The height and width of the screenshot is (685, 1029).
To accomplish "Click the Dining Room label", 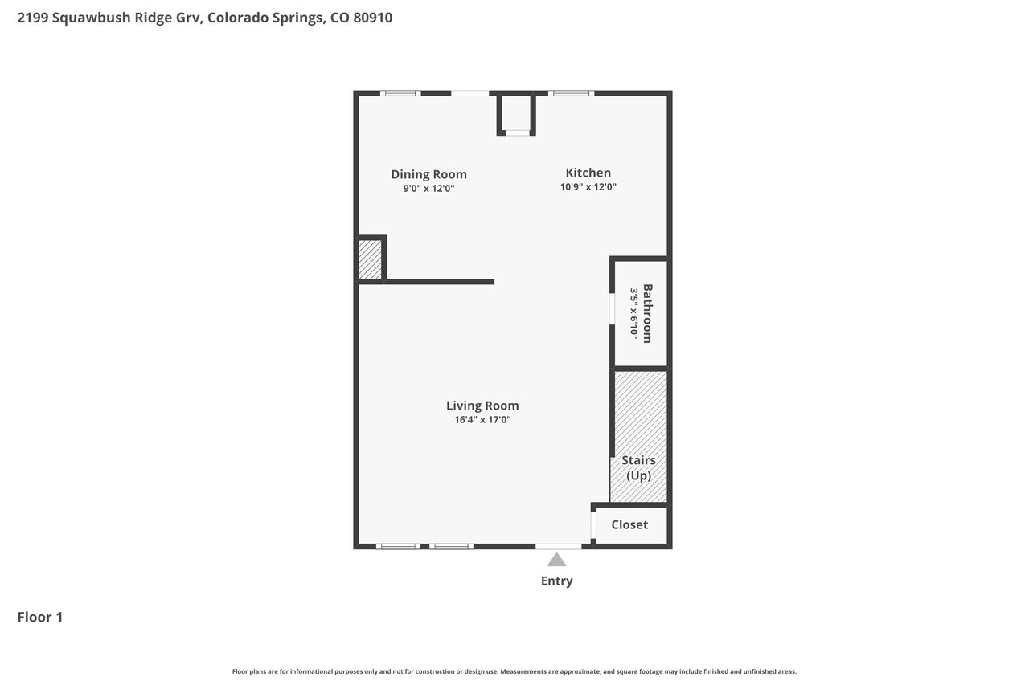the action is point(428,174).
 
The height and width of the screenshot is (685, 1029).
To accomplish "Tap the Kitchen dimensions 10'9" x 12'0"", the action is point(588,187).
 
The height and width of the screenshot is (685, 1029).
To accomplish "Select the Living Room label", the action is point(482,406).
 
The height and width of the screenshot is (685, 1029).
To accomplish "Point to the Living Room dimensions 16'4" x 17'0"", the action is point(482,419).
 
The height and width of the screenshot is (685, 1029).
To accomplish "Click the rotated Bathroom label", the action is point(647,313).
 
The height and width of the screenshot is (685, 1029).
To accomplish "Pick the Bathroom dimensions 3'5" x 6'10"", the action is point(634,313).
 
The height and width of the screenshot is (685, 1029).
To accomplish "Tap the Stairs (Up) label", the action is point(638,468).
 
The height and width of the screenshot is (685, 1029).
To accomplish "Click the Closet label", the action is point(629,524).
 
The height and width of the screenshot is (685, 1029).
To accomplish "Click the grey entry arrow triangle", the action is point(557,561).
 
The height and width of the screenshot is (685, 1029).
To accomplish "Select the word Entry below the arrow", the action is point(557,581).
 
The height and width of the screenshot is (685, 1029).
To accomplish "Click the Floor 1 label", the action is point(40,617).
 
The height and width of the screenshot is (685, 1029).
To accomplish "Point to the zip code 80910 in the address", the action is point(372,18).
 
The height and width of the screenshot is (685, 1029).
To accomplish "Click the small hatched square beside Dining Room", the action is point(370,259).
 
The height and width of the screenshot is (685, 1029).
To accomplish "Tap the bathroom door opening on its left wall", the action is point(612,309).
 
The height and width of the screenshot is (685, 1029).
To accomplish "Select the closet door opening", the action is point(593,525).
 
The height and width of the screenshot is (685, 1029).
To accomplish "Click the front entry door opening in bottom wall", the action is point(559,546).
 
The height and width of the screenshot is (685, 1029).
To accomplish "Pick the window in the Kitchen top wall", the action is point(571,93).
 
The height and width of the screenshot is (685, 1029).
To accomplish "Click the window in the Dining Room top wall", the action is point(400,93).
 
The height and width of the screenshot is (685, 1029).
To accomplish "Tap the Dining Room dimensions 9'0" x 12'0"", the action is point(428,188).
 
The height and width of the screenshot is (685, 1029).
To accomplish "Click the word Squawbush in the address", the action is point(92,18).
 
